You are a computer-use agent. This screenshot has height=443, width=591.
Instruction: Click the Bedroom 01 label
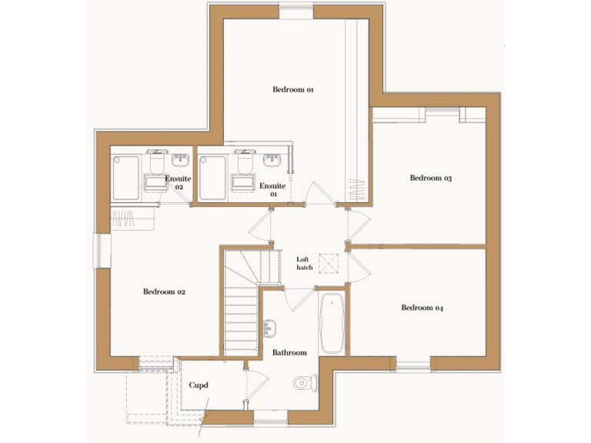coord(293,90)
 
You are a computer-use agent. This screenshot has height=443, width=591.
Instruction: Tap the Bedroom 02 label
coord(164,291)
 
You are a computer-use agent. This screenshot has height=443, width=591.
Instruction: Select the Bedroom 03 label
coord(430,178)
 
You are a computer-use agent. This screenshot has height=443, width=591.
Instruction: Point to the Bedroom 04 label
coord(422,308)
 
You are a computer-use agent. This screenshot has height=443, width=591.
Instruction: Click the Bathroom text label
coord(289,353)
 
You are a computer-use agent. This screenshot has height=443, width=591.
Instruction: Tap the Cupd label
coord(199,385)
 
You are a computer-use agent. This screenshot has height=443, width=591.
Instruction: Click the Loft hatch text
coord(303,264)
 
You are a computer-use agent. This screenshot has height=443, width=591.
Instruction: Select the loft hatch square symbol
coord(332,263)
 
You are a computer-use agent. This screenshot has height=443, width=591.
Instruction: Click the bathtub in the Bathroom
coord(332,322)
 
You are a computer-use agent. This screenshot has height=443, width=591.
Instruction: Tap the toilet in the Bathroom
coord(305,381)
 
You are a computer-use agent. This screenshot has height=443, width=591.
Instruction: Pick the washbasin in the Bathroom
coord(269,329)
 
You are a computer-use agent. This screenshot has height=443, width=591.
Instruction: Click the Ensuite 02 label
coord(178,183)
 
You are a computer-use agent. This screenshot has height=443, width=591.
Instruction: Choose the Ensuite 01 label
coord(272,189)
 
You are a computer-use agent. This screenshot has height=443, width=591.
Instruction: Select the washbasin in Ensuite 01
coord(272,160)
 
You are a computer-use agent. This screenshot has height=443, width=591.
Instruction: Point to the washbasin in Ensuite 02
coord(181,160)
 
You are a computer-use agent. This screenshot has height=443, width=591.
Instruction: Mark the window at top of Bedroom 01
coord(296,11)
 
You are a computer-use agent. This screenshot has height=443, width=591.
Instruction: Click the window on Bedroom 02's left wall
coord(100,251)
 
